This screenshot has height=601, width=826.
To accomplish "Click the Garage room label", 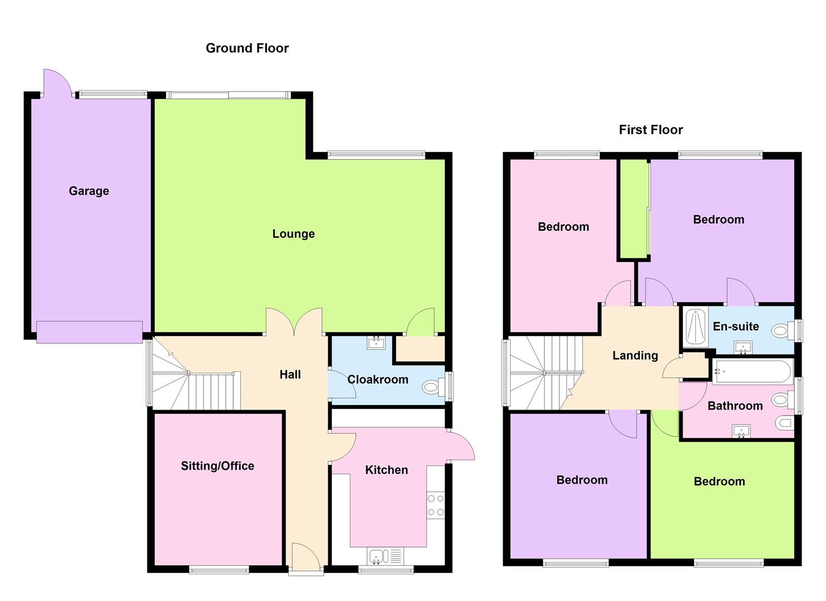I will (x=89, y=191).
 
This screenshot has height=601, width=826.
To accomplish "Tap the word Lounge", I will (x=293, y=234).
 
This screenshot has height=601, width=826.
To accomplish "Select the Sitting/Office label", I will (x=217, y=466).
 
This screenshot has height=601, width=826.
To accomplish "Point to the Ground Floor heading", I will (x=247, y=48).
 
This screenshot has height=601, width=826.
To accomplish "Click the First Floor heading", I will (x=651, y=130).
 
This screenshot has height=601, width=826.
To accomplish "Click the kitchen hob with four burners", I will (x=436, y=505).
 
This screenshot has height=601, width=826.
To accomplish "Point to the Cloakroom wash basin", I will (x=377, y=342).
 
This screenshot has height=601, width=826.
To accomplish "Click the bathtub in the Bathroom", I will (x=753, y=371).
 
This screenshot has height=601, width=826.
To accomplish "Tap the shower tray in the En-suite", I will (x=693, y=327).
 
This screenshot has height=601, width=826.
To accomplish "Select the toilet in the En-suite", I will (x=783, y=331).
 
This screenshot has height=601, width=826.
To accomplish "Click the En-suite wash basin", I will (x=742, y=348).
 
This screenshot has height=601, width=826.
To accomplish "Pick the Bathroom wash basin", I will (x=742, y=431).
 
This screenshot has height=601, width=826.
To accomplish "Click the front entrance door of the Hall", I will (x=305, y=558).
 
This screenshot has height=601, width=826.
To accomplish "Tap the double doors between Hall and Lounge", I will (x=294, y=322).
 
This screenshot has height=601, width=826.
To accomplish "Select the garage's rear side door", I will (x=57, y=82).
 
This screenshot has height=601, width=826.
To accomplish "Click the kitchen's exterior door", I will (x=461, y=445).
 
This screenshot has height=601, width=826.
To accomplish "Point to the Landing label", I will (x=635, y=355).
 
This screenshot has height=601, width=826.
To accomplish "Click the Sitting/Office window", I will (x=219, y=569).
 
